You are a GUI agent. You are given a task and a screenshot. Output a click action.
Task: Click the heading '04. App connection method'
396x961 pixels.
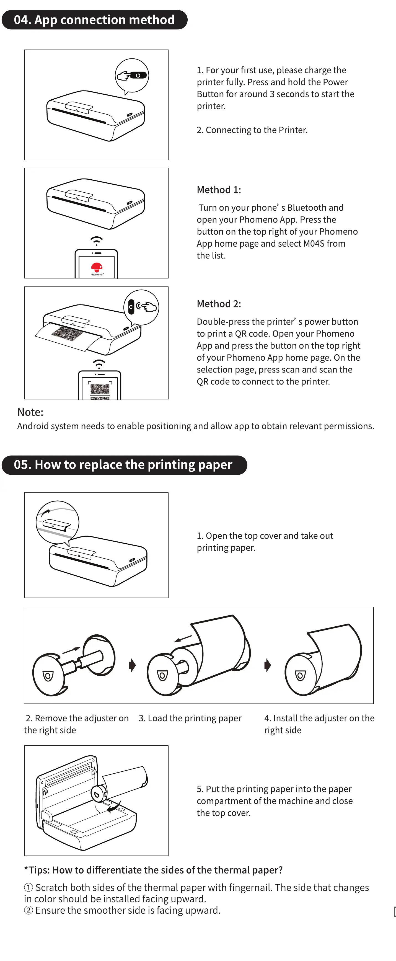94,20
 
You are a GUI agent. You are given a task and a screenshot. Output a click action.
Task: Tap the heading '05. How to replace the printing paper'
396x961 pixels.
123,465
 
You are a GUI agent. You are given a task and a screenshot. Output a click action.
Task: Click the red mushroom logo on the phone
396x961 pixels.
97,267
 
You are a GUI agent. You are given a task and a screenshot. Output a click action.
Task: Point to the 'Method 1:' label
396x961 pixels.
219,190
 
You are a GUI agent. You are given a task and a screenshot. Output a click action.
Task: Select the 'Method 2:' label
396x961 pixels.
219,304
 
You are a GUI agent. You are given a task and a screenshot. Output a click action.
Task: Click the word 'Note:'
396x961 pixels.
30,412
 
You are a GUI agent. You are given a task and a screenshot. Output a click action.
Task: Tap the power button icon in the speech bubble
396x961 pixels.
138,75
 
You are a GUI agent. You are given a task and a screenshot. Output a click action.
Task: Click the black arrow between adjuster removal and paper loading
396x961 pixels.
132,665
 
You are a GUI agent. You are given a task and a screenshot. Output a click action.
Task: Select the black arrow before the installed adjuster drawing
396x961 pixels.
267,665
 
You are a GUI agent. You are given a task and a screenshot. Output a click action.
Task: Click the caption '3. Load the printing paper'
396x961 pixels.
190,718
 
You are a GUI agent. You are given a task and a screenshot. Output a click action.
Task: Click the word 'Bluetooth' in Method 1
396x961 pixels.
307,208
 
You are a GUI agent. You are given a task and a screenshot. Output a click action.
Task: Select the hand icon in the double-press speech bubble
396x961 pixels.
149,307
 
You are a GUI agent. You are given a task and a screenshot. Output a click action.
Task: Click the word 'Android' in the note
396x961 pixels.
32,427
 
